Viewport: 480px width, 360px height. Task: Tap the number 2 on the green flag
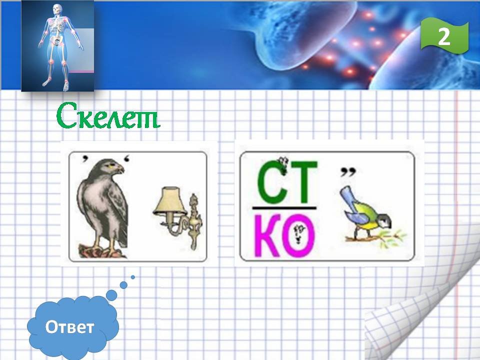pyautogui.click(x=444, y=36)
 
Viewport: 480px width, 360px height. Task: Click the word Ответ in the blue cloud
pyautogui.click(x=69, y=327)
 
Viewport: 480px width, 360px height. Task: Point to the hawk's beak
pyautogui.click(x=121, y=169)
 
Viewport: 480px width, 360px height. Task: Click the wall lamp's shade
pyautogui.click(x=170, y=200)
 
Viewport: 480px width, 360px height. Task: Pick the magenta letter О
pyautogui.click(x=298, y=235)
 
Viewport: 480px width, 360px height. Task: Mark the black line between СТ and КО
pyautogui.click(x=284, y=208)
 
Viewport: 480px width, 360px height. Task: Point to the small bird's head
pyautogui.click(x=384, y=221)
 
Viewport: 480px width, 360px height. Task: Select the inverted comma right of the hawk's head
pyautogui.click(x=126, y=159)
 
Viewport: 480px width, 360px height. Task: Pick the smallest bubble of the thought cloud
pyautogui.click(x=133, y=277)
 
